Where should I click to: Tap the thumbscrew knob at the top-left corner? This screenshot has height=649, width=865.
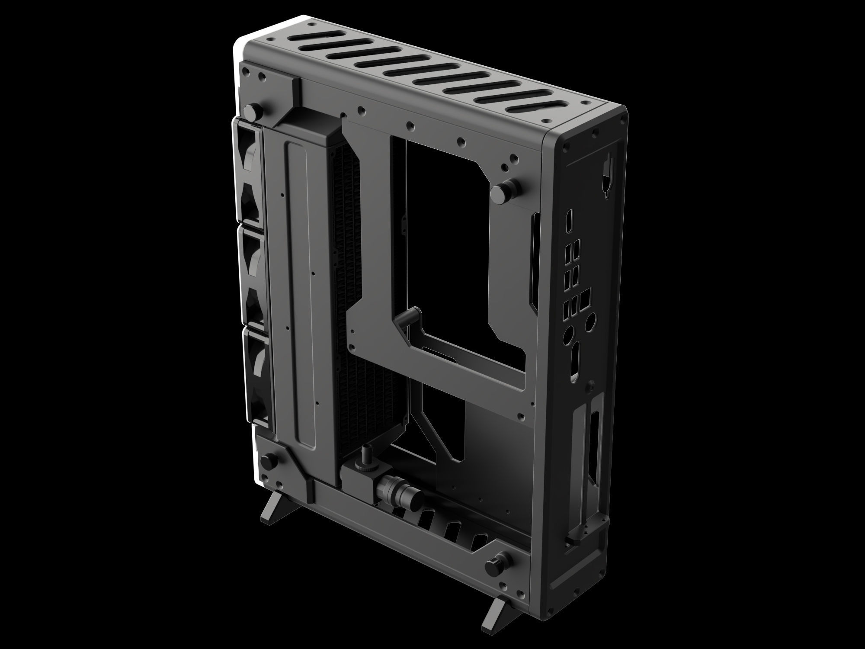coord(251,111)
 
